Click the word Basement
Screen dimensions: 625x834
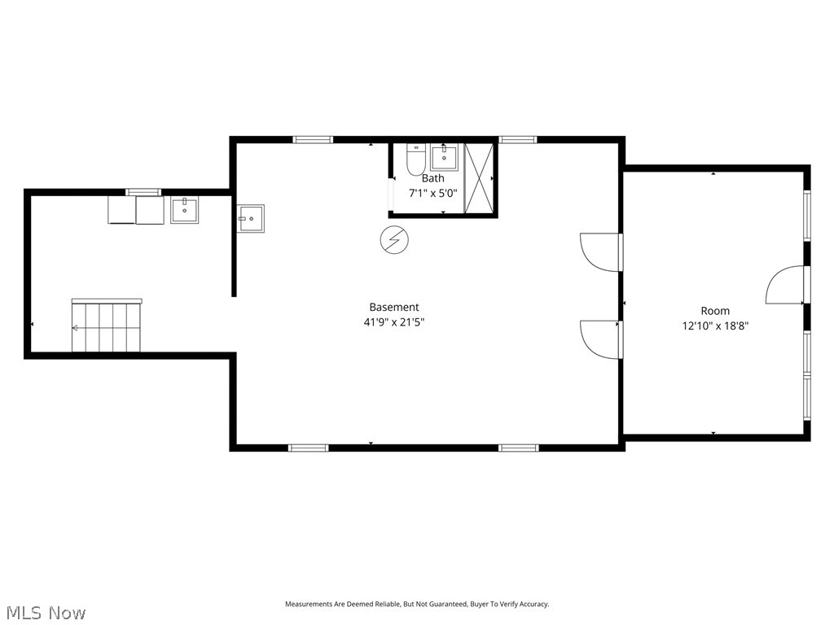coord(394,307)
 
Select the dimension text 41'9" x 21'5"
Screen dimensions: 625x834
coord(394,321)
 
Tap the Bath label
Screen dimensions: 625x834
coord(432,178)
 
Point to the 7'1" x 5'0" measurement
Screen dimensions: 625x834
coord(432,194)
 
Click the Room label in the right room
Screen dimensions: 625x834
coord(715,311)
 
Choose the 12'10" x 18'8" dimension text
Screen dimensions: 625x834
coord(715,326)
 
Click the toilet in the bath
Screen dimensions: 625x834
coord(415,160)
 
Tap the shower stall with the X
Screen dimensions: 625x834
coord(479,178)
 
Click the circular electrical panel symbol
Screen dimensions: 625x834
coord(392,239)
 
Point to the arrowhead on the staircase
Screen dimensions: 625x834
coord(76,328)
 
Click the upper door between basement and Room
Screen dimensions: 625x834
coord(599,251)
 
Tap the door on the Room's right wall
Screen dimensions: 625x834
coord(785,285)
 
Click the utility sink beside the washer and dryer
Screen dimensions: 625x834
coord(185,210)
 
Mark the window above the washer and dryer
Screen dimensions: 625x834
coord(143,192)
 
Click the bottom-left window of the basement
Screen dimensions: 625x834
coord(309,447)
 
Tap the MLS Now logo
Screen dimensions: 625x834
coord(45,612)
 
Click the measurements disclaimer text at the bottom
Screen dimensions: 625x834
coord(416,604)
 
